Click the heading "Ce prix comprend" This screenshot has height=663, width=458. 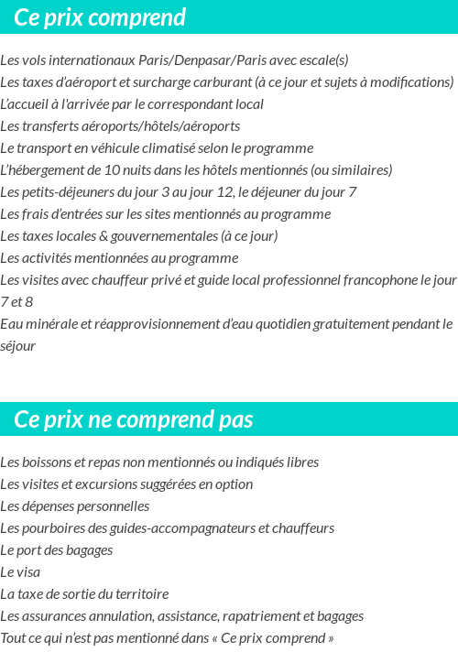101,17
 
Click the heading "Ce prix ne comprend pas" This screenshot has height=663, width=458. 134,420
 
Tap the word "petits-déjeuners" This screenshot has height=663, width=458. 63,192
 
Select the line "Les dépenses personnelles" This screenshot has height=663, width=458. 75,506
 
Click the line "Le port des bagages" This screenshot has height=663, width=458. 57,550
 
